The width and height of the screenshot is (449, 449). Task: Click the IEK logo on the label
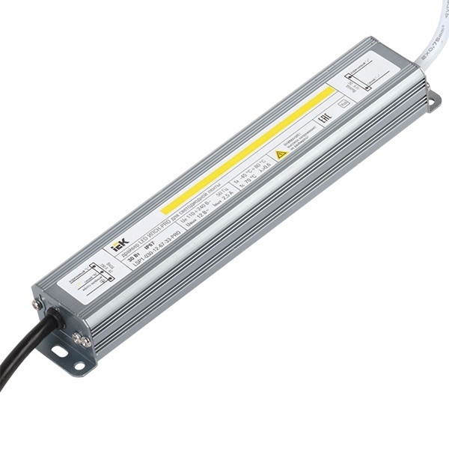coord(120,243)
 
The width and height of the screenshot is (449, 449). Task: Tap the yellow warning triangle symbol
coord(281,155)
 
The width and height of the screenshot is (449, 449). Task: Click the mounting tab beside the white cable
coord(433,101)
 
